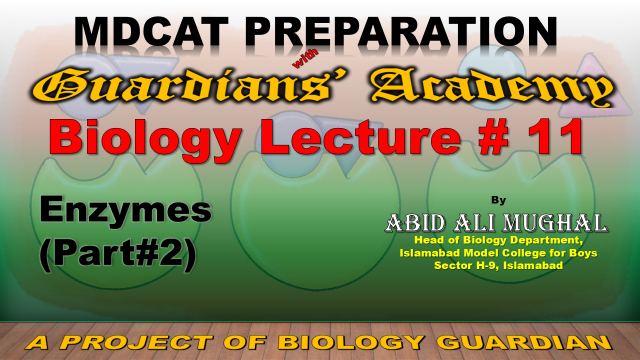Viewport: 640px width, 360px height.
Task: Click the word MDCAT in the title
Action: [151, 31]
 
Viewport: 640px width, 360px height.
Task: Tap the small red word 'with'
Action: [304, 59]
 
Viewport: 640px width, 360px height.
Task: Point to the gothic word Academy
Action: [493, 87]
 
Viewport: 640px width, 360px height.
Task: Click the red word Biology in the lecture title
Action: [145, 138]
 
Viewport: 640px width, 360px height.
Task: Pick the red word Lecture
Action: [361, 137]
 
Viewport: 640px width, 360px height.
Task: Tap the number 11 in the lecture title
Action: [556, 137]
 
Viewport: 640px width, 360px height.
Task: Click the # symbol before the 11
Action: [494, 137]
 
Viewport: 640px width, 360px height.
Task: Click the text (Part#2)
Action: [118, 254]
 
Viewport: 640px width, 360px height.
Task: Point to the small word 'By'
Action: [498, 200]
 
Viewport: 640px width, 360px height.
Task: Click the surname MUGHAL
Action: [555, 223]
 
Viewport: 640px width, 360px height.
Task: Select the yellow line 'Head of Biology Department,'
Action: [498, 240]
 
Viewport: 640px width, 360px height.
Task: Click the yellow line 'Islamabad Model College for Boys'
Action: [498, 253]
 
